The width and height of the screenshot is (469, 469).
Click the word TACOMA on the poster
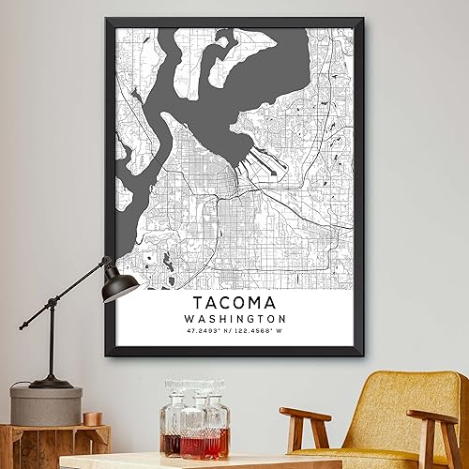234,304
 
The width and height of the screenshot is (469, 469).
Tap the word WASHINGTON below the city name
234,322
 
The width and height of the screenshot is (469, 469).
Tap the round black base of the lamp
51,382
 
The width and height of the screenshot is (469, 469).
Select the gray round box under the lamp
46,405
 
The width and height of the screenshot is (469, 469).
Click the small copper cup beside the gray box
92,417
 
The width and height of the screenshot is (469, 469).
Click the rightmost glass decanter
217,422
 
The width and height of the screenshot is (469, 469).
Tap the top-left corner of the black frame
105,20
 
